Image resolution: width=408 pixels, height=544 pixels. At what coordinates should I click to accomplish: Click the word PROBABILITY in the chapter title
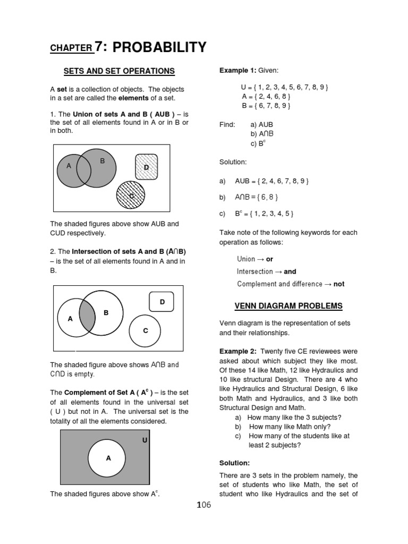(159, 48)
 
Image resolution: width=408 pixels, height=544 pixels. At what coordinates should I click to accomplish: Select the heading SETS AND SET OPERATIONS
(119, 71)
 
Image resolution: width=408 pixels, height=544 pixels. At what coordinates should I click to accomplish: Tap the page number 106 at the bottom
(204, 505)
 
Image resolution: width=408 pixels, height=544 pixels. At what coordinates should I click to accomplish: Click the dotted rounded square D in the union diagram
(147, 166)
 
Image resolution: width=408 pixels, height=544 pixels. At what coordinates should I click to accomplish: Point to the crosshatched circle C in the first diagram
(130, 195)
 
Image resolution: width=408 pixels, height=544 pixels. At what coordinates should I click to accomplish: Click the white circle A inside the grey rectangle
(107, 458)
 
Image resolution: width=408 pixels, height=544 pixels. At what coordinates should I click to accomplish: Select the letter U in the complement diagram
(144, 440)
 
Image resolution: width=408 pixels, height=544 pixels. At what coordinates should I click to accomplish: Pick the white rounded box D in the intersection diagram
(163, 302)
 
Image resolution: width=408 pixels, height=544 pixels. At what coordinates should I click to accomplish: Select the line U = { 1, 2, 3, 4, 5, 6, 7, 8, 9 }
(284, 87)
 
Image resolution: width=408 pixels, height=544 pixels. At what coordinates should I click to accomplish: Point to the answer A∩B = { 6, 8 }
(257, 197)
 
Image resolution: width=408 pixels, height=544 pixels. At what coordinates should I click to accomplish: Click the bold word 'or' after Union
(269, 259)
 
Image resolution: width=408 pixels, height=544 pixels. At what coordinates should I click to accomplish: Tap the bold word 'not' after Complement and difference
(338, 284)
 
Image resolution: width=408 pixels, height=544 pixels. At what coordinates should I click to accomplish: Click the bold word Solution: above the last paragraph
(234, 463)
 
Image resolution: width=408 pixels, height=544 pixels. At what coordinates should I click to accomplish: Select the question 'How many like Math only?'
(290, 427)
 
